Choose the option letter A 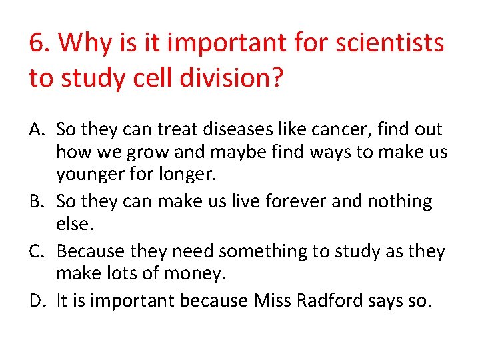[x=38, y=129]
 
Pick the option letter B [x=38, y=201]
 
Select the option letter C [x=38, y=251]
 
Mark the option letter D [x=38, y=301]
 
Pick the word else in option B [x=72, y=223]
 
